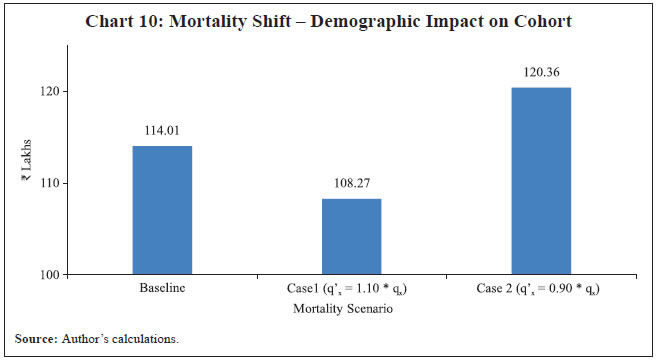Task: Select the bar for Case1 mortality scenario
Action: [x=351, y=236]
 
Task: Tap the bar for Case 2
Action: [x=541, y=181]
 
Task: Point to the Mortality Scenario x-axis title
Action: [x=351, y=311]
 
